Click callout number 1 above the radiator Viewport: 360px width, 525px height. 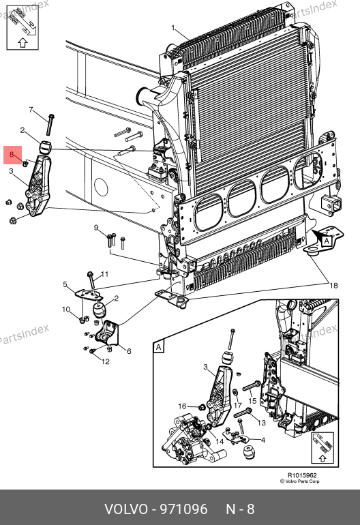[x=173, y=28]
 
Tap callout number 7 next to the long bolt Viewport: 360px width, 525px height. [x=31, y=110]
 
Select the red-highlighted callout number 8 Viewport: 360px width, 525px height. [x=12, y=154]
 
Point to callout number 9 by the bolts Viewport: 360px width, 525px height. [x=96, y=228]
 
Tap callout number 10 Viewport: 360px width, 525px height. [x=66, y=310]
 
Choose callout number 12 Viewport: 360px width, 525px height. [x=106, y=361]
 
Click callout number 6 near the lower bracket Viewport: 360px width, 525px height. [x=129, y=351]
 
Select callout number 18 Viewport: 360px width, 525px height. [x=333, y=286]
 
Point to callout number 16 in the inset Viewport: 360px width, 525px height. [x=182, y=406]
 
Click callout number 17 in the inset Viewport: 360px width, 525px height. [x=237, y=405]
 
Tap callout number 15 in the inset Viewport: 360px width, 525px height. [x=252, y=401]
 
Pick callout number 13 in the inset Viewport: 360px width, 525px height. [x=262, y=423]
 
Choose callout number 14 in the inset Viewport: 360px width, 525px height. [x=220, y=441]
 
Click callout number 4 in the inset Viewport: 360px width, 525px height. [x=263, y=440]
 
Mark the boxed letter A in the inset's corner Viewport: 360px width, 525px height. [x=158, y=347]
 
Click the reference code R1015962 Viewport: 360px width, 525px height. [x=302, y=475]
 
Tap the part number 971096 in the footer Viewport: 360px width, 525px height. [x=183, y=509]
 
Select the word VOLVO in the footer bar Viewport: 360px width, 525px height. [x=126, y=509]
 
